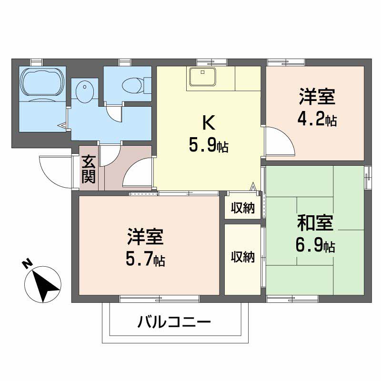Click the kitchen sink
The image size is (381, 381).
pos(202,77)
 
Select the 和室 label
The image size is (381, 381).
pos(315,223)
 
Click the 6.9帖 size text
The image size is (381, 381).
pos(315,246)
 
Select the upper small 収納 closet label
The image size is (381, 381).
pos(242,208)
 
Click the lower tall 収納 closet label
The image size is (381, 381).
pos(242,257)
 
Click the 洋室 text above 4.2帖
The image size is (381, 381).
pos(317,97)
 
